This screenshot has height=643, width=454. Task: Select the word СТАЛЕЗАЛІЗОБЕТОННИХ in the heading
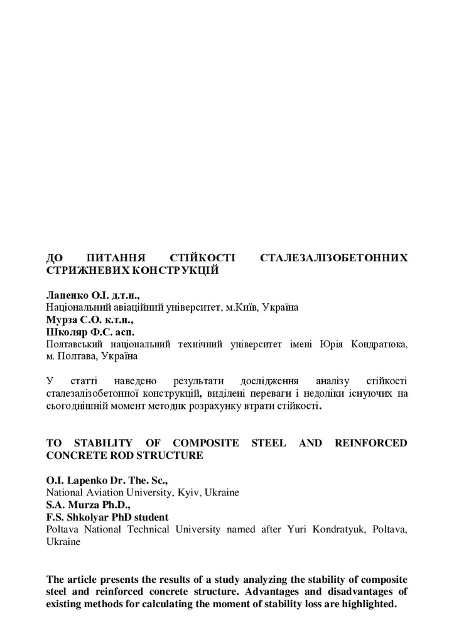tap(333, 258)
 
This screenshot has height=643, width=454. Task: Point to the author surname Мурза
tap(61, 320)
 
